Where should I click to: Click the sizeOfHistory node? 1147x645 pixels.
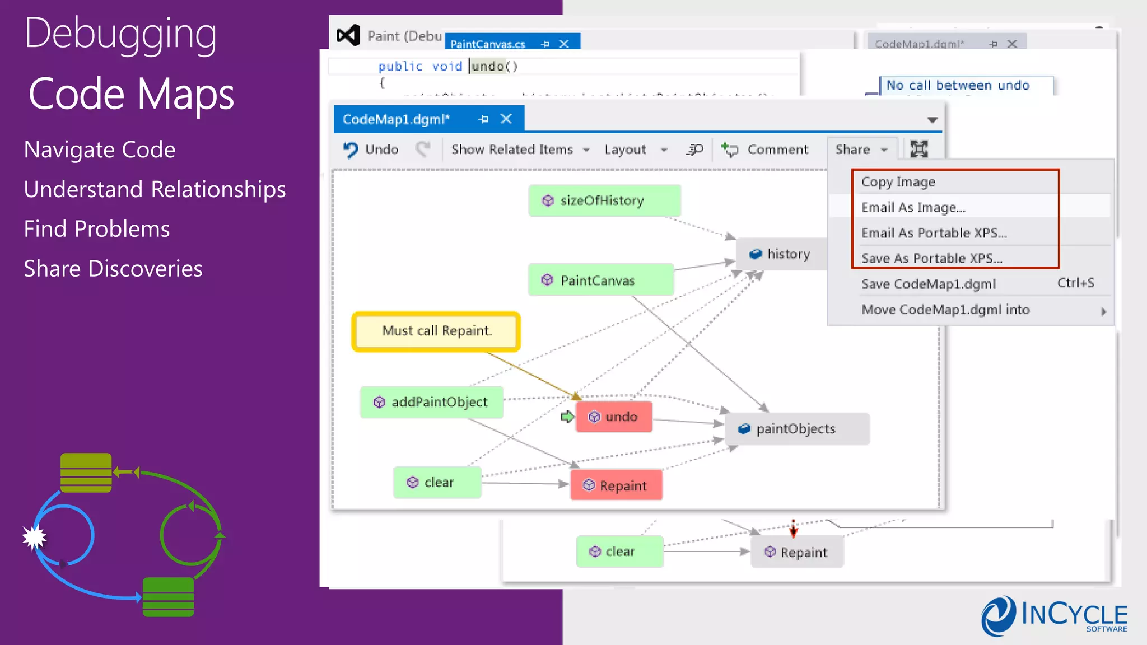click(604, 200)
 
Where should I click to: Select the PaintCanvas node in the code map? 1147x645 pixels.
click(600, 280)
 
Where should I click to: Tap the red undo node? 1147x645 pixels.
click(614, 417)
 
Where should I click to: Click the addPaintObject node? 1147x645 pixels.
click(432, 402)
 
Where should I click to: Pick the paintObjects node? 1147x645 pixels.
click(796, 429)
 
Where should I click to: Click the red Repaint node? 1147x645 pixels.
click(616, 485)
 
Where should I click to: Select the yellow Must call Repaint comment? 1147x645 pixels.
click(436, 331)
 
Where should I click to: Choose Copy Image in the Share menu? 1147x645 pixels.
click(898, 182)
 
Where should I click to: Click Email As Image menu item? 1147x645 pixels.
click(913, 208)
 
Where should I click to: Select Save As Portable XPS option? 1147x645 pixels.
click(931, 258)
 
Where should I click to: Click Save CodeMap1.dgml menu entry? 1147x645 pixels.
click(928, 284)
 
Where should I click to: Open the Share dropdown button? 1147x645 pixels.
click(861, 149)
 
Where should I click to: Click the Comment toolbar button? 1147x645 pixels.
click(765, 149)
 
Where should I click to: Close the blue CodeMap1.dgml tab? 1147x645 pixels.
click(506, 119)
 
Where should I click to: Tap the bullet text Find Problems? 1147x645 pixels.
click(97, 229)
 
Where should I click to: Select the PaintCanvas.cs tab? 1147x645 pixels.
click(487, 44)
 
